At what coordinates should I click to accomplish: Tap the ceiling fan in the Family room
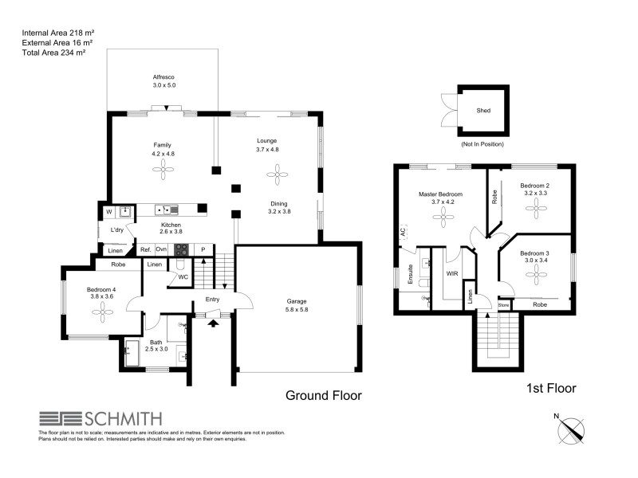click(x=163, y=167)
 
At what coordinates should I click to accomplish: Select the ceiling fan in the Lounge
click(x=278, y=171)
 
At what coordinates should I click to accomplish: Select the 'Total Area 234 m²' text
click(x=54, y=52)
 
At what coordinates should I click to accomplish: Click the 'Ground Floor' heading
click(x=324, y=395)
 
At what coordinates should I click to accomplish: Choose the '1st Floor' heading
click(x=551, y=389)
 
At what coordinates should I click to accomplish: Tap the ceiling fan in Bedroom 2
click(x=536, y=206)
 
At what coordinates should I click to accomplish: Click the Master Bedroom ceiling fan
click(x=439, y=222)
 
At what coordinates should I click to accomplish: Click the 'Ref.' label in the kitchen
click(x=146, y=249)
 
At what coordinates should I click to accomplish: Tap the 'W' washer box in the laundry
click(x=109, y=212)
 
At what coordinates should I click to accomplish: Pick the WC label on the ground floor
click(x=182, y=276)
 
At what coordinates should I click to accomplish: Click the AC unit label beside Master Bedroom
click(x=403, y=233)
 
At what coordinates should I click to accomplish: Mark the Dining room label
click(x=278, y=207)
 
